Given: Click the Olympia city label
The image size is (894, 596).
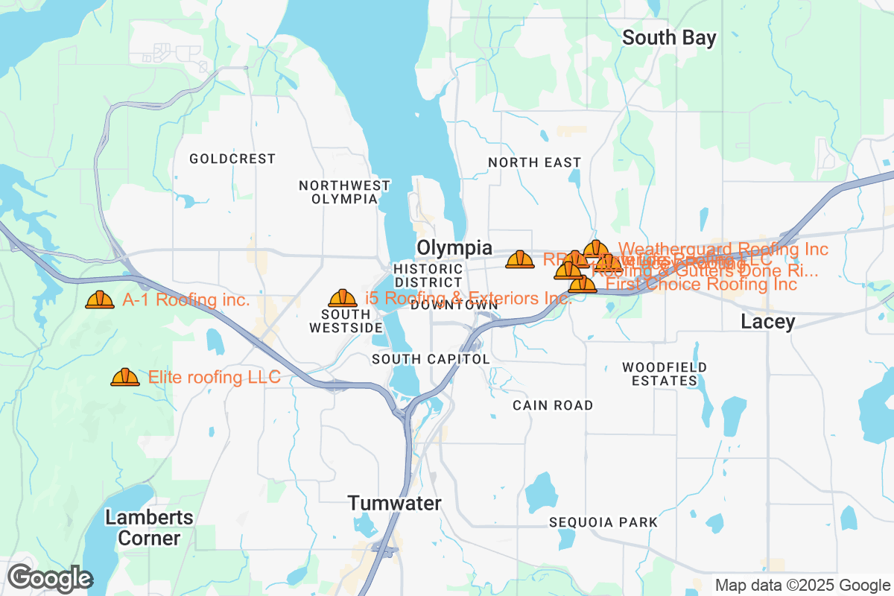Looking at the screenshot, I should [454, 247].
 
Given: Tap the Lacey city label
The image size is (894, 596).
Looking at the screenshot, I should [767, 321].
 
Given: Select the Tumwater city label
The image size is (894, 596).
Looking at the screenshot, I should [394, 503].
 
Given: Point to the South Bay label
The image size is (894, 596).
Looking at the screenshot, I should [669, 37].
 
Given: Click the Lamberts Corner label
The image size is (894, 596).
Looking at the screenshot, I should [149, 527].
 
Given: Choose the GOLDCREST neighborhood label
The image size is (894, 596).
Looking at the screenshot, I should [232, 159].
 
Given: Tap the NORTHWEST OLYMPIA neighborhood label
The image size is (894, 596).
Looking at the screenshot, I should [344, 192].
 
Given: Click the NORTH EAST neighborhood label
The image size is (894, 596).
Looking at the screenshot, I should [534, 162].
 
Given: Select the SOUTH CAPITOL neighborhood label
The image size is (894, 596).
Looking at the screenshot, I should [431, 359].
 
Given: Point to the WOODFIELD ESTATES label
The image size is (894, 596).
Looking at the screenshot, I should [665, 374].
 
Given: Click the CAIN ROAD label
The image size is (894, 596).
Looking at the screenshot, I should [553, 405].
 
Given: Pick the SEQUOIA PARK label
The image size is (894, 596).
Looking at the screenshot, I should [603, 522].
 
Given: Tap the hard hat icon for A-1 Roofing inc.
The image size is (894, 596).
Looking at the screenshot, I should [100, 299].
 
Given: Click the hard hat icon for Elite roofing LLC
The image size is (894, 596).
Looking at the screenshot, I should [125, 377].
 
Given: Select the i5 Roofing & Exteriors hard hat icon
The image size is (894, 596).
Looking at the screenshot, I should [343, 298].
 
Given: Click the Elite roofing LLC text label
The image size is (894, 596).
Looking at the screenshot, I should [215, 377].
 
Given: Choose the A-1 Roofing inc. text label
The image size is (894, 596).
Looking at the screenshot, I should [186, 300].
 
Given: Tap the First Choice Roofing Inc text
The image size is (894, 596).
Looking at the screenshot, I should [701, 285].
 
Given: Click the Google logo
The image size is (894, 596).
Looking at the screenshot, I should [50, 578].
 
